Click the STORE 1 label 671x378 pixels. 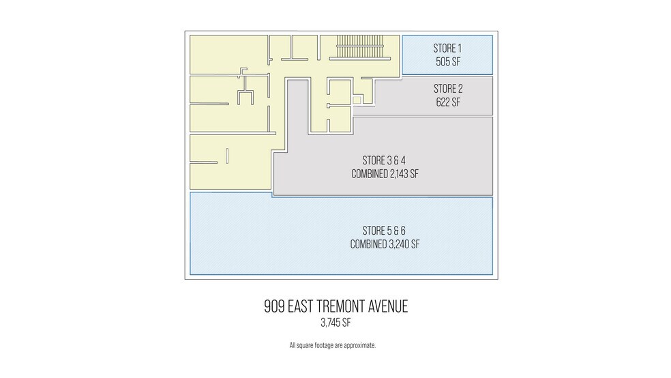[x=447, y=48]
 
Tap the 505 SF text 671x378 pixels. [x=447, y=61]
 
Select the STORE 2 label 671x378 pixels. [x=448, y=89]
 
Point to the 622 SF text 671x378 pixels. [x=448, y=102]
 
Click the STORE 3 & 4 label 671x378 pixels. [x=384, y=161]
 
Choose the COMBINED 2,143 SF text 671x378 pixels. [x=384, y=174]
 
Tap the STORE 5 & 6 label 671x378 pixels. [x=384, y=231]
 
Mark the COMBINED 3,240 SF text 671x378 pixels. [x=384, y=244]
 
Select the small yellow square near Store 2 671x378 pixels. [x=356, y=100]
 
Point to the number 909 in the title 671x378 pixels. [x=275, y=306]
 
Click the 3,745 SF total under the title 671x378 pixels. [x=335, y=323]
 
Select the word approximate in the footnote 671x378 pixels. [x=359, y=345]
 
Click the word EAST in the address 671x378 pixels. [x=301, y=306]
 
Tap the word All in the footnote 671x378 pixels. [x=293, y=345]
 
